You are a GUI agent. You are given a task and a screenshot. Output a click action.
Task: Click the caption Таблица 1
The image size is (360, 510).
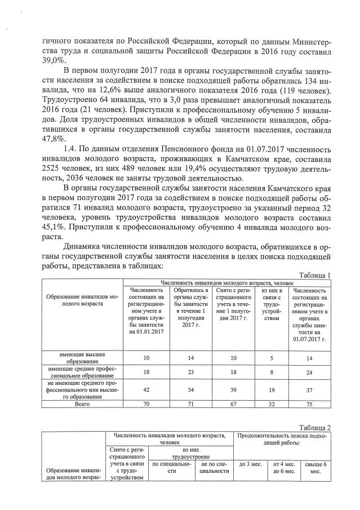[x=313, y=274]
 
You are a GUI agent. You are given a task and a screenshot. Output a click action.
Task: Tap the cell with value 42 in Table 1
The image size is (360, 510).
[x=146, y=388]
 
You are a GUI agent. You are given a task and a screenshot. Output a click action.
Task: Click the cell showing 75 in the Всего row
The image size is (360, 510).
[x=309, y=404]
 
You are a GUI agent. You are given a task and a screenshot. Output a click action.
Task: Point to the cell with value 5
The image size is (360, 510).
[x=272, y=357]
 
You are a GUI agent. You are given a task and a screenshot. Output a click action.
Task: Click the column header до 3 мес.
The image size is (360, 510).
[x=250, y=464]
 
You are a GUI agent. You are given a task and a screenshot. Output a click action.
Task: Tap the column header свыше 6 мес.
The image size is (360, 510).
[x=312, y=467]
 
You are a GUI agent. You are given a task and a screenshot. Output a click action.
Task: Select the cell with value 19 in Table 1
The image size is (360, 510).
[x=272, y=388]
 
